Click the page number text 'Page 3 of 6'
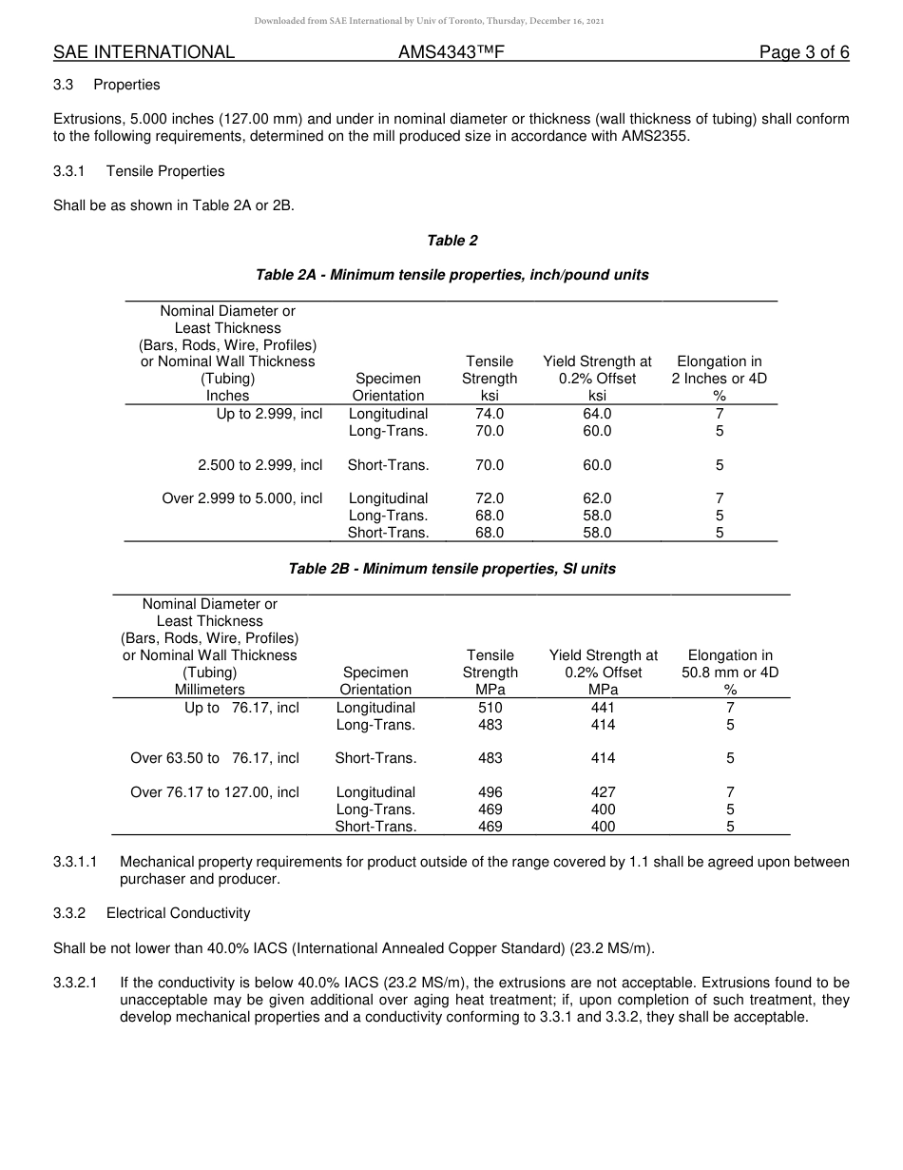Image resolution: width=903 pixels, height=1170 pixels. coord(803,52)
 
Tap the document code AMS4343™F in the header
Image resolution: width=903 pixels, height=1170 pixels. coord(451,52)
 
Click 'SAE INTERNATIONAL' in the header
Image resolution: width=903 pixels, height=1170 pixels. coord(144,52)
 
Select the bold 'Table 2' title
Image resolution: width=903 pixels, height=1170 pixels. coord(452,241)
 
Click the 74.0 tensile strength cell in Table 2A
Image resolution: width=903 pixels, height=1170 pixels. coord(490,414)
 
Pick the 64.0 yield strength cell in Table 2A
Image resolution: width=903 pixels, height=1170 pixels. coord(597,414)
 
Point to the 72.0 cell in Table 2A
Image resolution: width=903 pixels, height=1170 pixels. coord(490,498)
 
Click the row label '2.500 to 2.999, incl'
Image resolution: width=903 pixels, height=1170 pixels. coord(259,465)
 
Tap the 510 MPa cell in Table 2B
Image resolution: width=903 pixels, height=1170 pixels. coord(491,708)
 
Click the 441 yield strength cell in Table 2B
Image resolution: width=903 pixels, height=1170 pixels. coord(603,708)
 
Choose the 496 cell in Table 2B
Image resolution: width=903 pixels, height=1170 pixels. coord(491,792)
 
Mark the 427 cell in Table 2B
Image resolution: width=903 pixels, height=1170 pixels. coord(603,792)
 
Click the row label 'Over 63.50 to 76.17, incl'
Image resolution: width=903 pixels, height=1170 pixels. coord(215,758)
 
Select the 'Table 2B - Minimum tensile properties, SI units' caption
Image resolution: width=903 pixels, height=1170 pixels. coord(452,569)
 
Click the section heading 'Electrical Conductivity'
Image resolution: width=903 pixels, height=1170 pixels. coord(178,913)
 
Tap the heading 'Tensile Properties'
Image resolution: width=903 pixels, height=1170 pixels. coord(165,171)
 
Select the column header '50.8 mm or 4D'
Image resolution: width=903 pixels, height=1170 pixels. coord(730,673)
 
